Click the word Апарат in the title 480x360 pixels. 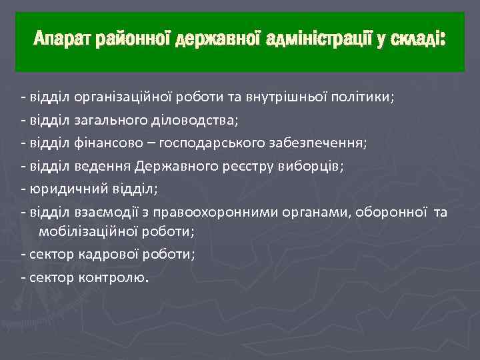coord(63,41)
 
